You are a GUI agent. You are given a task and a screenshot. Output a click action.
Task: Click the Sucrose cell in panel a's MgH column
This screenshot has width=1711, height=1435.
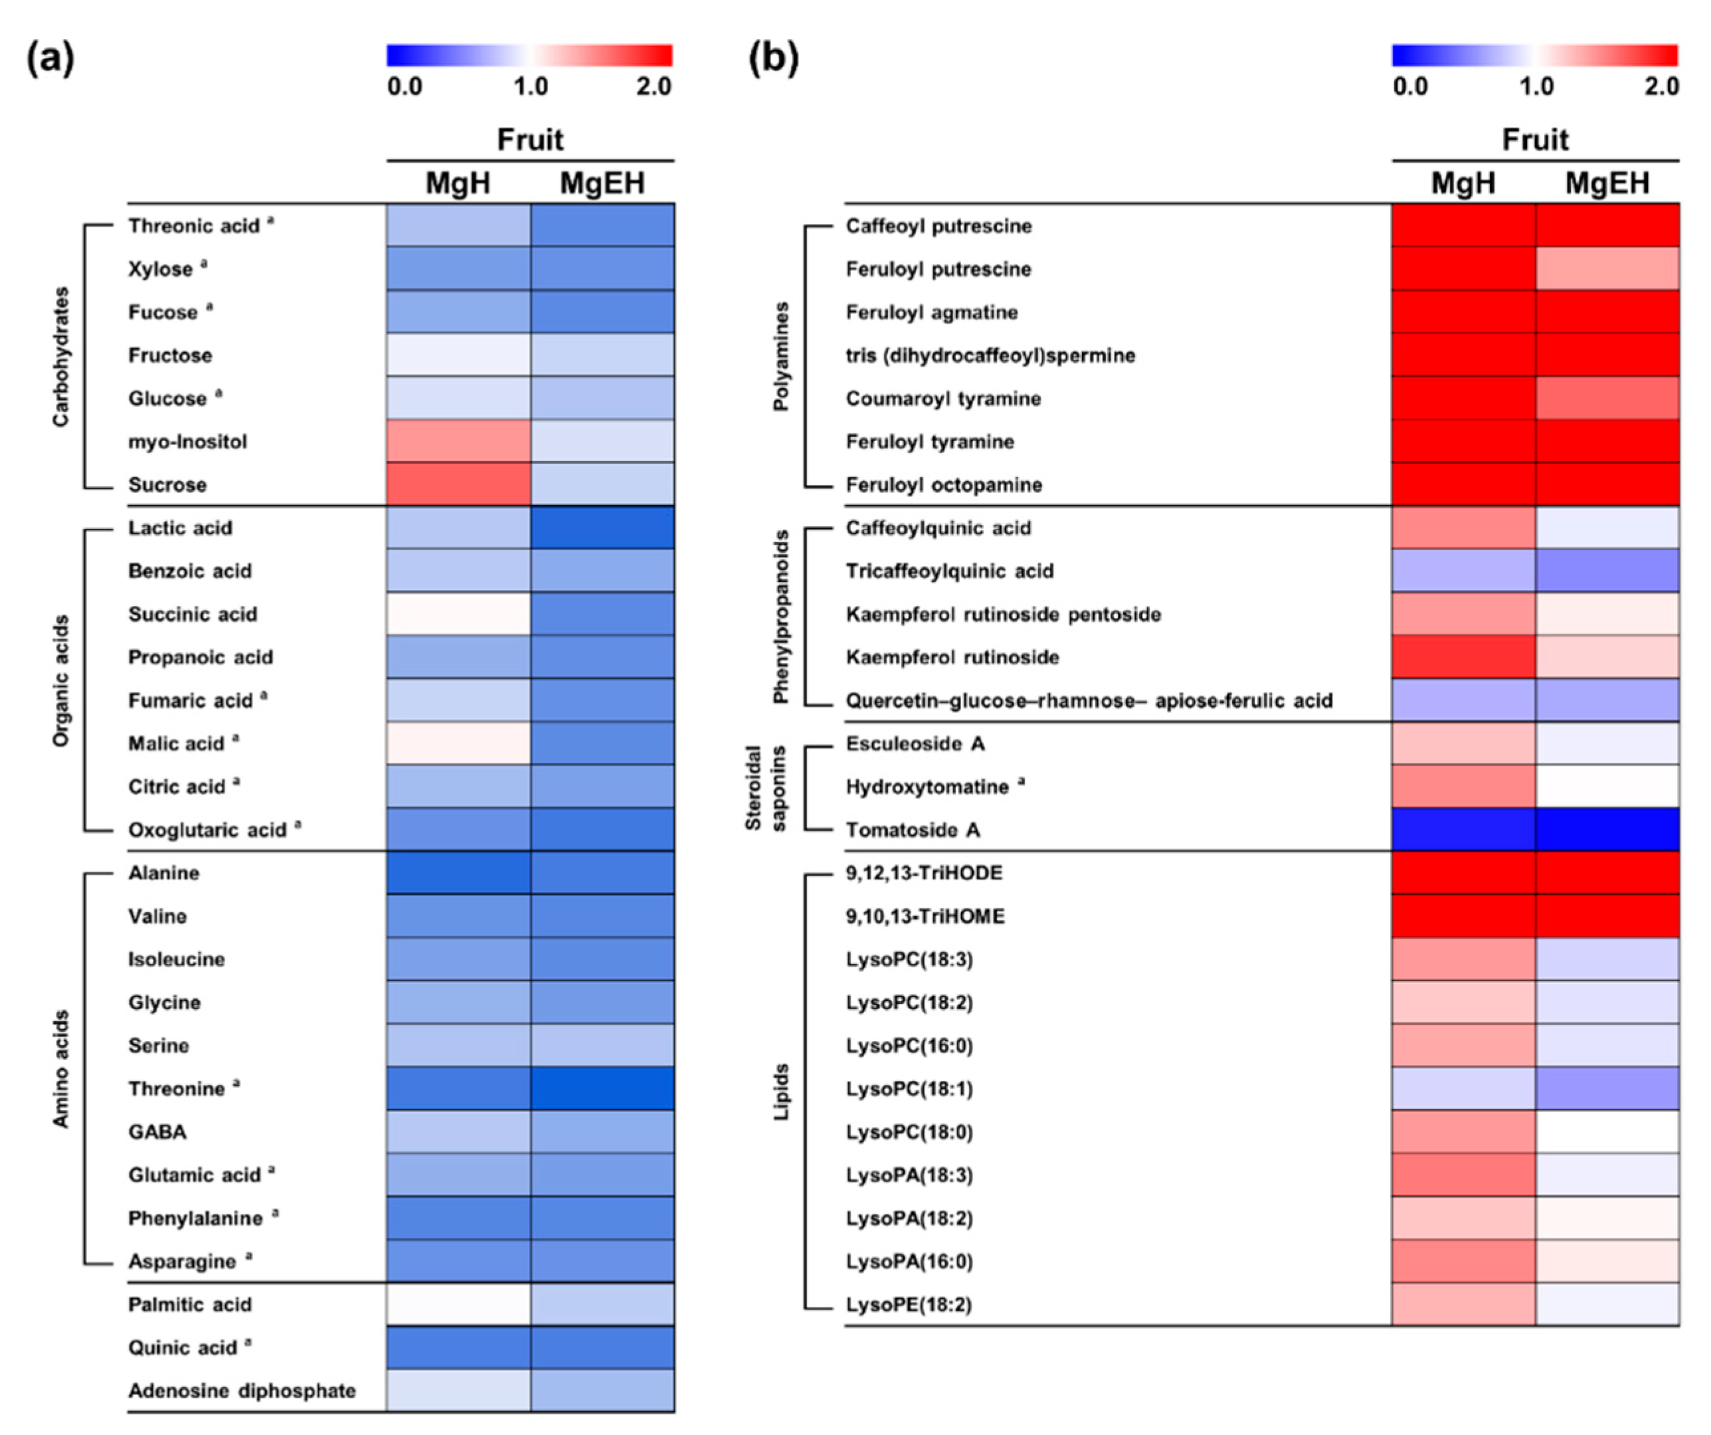click(458, 484)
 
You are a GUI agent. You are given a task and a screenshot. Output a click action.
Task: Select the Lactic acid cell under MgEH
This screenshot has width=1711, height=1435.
click(602, 527)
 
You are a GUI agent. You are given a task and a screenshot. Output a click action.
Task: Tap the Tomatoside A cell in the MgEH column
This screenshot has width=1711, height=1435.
click(1607, 830)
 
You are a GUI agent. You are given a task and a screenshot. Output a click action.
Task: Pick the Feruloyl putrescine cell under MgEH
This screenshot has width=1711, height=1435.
click(1607, 269)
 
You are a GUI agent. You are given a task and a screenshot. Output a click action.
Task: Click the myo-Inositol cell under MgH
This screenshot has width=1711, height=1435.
click(458, 441)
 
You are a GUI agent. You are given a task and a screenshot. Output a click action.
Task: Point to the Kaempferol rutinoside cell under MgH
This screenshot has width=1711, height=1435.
click(1463, 657)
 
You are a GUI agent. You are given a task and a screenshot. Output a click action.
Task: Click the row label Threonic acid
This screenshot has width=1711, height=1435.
click(194, 226)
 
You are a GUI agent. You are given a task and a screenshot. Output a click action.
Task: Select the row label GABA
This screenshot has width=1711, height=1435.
click(157, 1132)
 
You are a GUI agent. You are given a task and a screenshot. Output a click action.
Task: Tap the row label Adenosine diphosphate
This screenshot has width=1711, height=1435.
click(242, 1391)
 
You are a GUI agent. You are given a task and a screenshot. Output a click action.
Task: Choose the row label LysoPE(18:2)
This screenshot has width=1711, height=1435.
click(909, 1305)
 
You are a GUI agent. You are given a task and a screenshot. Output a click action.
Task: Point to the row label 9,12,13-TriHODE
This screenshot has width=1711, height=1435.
click(924, 873)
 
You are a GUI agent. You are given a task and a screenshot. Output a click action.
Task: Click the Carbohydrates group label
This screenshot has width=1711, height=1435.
click(61, 356)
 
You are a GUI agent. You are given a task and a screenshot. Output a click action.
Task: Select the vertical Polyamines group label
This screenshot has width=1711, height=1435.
click(781, 356)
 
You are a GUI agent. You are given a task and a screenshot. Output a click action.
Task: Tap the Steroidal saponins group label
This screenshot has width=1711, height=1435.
click(765, 787)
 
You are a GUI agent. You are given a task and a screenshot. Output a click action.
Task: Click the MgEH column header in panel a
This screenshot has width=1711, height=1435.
click(602, 183)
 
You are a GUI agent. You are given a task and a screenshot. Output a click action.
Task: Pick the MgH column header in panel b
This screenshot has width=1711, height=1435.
click(1463, 183)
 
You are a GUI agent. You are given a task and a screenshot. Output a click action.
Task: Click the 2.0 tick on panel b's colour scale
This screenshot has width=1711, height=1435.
click(1661, 86)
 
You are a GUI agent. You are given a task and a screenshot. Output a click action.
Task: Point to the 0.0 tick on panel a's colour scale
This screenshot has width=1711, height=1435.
click(405, 86)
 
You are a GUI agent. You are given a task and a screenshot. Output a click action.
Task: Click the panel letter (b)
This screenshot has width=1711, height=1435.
click(772, 58)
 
